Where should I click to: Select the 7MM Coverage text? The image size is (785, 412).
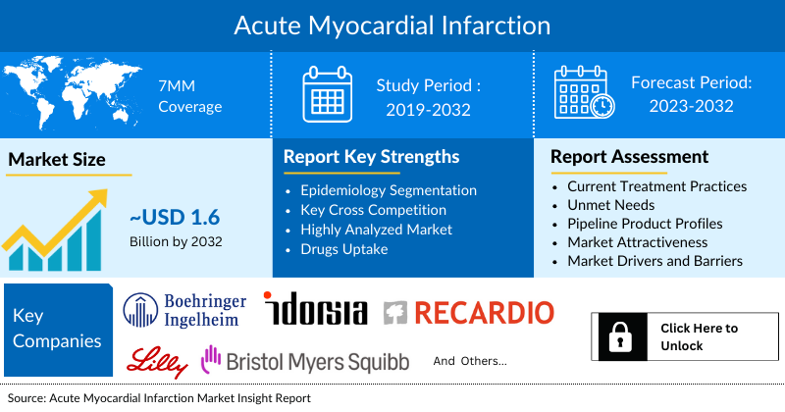point(190,95)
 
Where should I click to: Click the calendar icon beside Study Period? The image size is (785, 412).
point(328,95)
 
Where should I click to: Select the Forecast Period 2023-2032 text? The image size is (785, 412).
point(691,94)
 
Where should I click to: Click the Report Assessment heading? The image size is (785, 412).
point(629,157)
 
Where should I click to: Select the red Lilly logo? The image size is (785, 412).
point(157,361)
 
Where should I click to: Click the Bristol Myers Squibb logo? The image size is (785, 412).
point(304,361)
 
